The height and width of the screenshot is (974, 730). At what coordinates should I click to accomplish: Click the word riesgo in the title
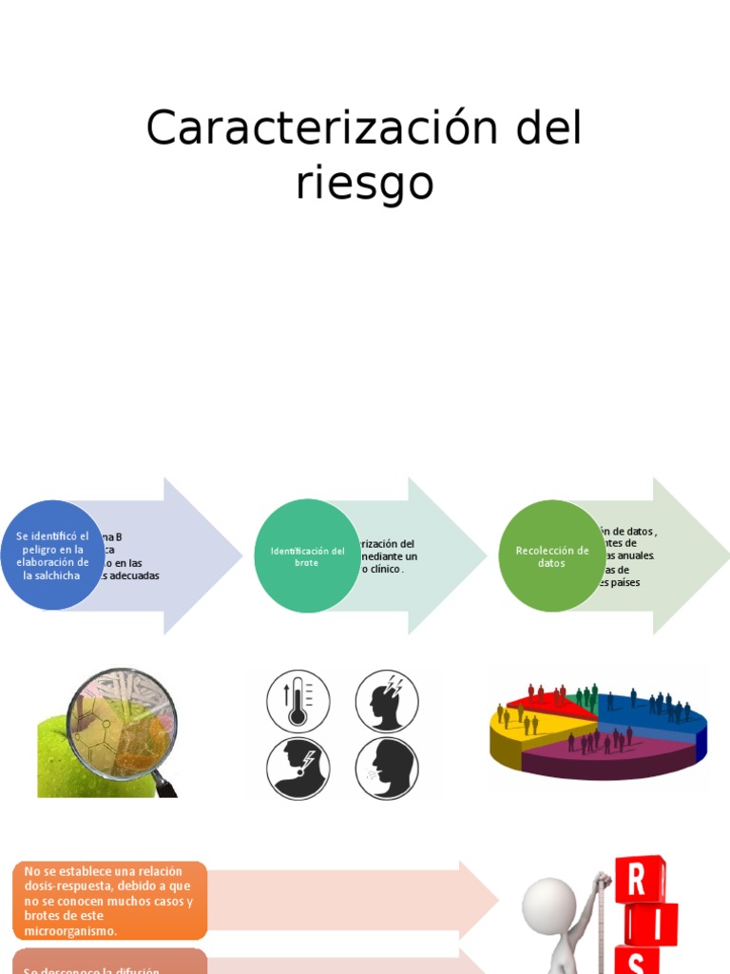pos(364,182)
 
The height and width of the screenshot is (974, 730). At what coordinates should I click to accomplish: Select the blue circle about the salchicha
pos(52,555)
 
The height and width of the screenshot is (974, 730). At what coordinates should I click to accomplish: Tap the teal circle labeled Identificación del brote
pos(307,556)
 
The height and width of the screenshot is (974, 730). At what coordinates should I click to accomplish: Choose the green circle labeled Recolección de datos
pos(551,556)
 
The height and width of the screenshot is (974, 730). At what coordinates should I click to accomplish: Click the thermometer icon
pos(298,701)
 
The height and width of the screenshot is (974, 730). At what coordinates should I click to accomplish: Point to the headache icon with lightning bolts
pos(387,701)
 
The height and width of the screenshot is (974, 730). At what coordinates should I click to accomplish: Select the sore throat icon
pos(298,767)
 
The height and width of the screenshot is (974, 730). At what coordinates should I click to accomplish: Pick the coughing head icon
pos(387,767)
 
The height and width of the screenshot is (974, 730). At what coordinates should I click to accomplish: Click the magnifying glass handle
pos(165,785)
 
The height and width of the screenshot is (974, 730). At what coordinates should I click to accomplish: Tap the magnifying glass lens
pos(122,720)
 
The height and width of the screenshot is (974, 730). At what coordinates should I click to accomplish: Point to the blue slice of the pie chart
pos(656,715)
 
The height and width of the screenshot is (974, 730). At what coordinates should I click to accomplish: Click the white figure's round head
pos(549,904)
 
